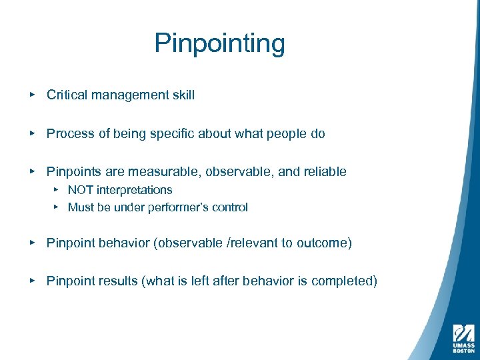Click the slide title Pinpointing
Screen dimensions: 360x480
pyautogui.click(x=219, y=44)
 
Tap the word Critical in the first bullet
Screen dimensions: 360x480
pyautogui.click(x=67, y=95)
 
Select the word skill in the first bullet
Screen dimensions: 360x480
pyautogui.click(x=183, y=95)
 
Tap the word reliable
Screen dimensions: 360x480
pyautogui.click(x=325, y=172)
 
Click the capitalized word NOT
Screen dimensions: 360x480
pyautogui.click(x=81, y=190)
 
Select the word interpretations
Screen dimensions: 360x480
pyautogui.click(x=135, y=190)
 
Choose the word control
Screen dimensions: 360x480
pyautogui.click(x=230, y=207)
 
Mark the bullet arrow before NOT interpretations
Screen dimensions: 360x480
pyautogui.click(x=56, y=190)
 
